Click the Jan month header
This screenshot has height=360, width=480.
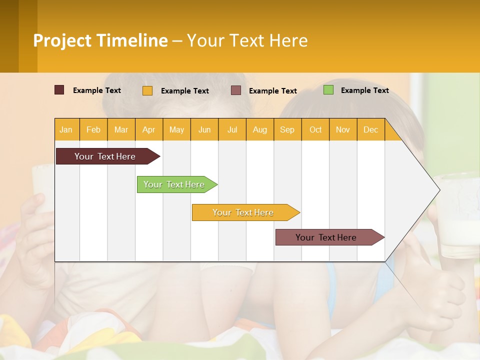tap(66, 129)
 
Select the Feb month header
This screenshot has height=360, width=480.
tap(93, 129)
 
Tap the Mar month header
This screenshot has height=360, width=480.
tap(121, 129)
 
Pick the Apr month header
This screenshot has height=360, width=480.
tap(149, 129)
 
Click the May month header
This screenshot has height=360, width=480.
tap(176, 129)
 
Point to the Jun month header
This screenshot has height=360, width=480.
tap(204, 129)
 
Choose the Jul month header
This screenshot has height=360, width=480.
tap(232, 129)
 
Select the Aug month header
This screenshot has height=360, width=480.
tap(260, 129)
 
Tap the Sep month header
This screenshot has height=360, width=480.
tap(287, 129)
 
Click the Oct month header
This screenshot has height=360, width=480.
tap(315, 129)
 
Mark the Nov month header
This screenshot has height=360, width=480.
tap(343, 129)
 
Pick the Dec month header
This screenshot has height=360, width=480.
tap(371, 129)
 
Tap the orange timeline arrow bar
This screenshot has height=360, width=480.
tap(243, 212)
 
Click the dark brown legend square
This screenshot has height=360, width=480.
tap(59, 90)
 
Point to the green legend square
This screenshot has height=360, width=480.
tap(328, 90)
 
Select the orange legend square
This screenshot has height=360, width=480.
tap(147, 90)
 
